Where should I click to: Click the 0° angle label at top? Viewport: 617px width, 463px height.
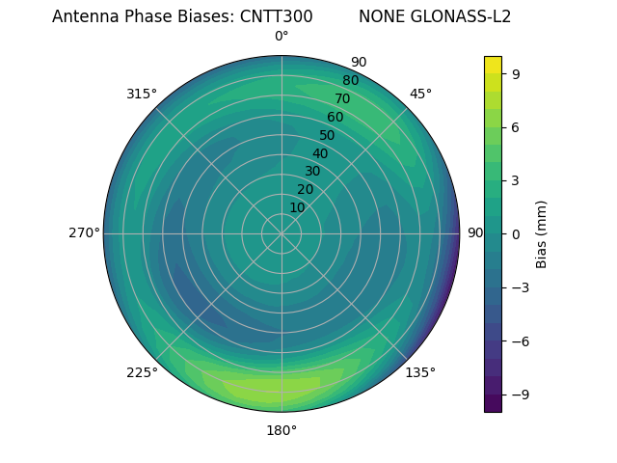pyautogui.click(x=282, y=37)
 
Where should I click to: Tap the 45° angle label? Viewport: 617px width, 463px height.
pyautogui.click(x=420, y=94)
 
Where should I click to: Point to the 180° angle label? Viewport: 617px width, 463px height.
pyautogui.click(x=282, y=430)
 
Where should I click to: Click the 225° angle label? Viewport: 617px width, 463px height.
pyautogui.click(x=142, y=372)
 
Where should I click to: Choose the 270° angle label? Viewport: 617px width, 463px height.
pyautogui.click(x=84, y=232)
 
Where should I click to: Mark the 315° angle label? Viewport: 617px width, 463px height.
pyautogui.click(x=142, y=94)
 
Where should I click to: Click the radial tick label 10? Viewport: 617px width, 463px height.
pyautogui.click(x=298, y=207)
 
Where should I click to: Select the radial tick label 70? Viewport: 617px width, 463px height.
pyautogui.click(x=342, y=98)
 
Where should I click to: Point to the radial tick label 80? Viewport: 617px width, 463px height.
pyautogui.click(x=350, y=80)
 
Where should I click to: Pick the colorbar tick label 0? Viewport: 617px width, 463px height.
pyautogui.click(x=517, y=233)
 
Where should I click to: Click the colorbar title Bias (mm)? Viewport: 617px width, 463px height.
pyautogui.click(x=542, y=233)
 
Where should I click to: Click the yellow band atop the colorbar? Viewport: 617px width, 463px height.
pyautogui.click(x=493, y=65)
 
